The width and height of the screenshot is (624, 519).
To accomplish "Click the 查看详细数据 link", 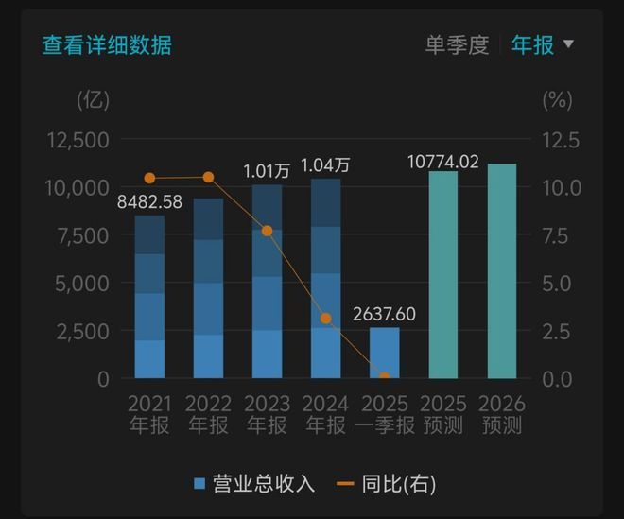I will [x=107, y=44].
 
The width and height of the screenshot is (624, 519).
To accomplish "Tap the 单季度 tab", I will [x=456, y=44].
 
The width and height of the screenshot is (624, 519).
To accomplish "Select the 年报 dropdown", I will [x=542, y=44].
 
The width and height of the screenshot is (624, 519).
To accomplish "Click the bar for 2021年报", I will [x=149, y=298].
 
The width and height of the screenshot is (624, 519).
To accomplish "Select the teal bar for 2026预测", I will [x=501, y=271].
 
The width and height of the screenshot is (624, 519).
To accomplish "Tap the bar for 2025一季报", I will [x=384, y=353].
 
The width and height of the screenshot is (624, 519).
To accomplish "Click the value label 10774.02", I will [x=443, y=162].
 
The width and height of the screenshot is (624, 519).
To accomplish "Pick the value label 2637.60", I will [x=384, y=314].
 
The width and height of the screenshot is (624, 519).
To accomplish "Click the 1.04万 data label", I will [x=325, y=165].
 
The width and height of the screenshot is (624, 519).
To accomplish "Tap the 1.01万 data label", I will [x=267, y=171].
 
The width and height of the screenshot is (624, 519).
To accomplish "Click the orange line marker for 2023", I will [x=267, y=231].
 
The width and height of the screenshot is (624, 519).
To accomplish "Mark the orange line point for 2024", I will [x=325, y=319].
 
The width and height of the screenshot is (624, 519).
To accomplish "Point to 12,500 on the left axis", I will [x=78, y=140].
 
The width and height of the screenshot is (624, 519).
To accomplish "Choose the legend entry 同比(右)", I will [x=386, y=484].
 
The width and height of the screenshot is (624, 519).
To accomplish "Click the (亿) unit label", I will [x=94, y=97].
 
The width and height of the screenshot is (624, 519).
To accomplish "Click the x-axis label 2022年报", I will [x=208, y=414].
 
